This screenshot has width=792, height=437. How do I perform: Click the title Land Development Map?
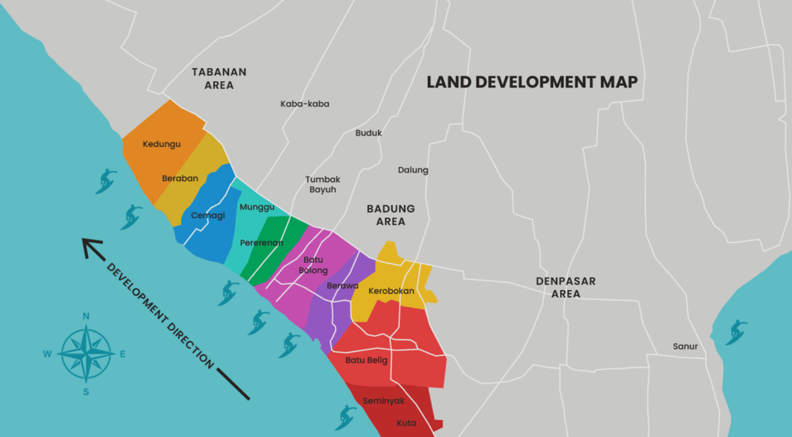click(532, 82)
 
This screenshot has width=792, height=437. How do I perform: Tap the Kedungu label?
click(162, 144)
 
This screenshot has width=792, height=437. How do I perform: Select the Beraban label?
click(180, 178)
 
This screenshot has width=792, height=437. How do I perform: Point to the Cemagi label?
click(208, 215)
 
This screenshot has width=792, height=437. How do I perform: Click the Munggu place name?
click(257, 207)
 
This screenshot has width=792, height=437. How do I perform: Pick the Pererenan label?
click(261, 243)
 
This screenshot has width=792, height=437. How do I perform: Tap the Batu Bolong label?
click(313, 265)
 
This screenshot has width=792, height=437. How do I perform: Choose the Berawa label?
click(343, 285)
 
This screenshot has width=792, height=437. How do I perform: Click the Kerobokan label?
click(391, 291)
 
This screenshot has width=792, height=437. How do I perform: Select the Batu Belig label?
click(367, 360)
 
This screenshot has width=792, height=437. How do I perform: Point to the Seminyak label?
click(384, 401)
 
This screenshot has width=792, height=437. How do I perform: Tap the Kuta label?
click(406, 423)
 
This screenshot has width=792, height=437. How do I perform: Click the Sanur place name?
click(685, 347)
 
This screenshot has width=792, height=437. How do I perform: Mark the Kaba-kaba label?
click(305, 104)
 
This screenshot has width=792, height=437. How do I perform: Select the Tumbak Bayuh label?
click(323, 184)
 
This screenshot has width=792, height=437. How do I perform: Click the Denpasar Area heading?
click(566, 287)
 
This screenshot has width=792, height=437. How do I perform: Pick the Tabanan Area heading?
click(220, 78)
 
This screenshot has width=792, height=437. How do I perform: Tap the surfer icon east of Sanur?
click(736, 331)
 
